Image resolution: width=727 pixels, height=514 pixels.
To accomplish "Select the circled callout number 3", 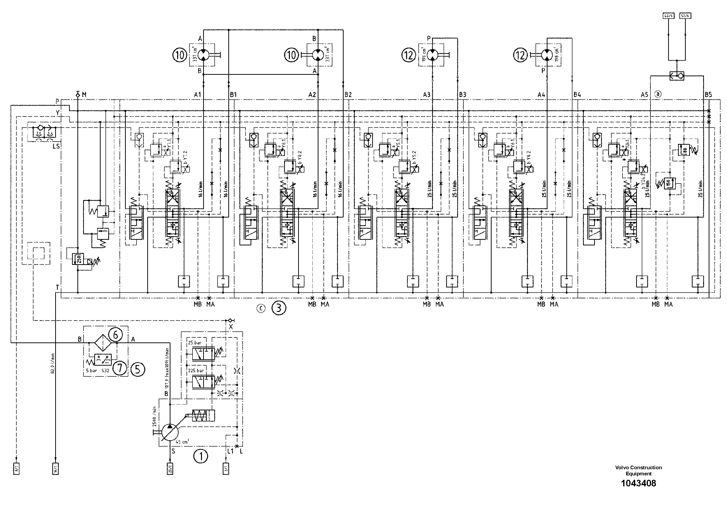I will pyautogui.click(x=279, y=308).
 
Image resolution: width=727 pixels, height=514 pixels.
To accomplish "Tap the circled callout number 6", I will pyautogui.click(x=115, y=335).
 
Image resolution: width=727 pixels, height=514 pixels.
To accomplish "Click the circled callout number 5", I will pyautogui.click(x=137, y=369).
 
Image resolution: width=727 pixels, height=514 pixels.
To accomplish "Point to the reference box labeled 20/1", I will pyautogui.click(x=170, y=469).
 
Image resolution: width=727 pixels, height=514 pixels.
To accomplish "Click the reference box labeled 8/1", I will pyautogui.click(x=16, y=469).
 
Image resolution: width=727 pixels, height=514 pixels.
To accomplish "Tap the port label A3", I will pyautogui.click(x=427, y=94).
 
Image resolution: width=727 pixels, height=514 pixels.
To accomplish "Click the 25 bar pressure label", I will pyautogui.click(x=195, y=343).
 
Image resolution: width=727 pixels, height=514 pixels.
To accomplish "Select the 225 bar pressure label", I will pyautogui.click(x=196, y=371).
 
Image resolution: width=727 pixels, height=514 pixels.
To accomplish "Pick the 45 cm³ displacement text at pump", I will pyautogui.click(x=182, y=441).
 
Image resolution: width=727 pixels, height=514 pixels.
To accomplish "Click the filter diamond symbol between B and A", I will pyautogui.click(x=103, y=343).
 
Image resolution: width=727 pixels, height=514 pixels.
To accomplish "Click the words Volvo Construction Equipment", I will pyautogui.click(x=638, y=470).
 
